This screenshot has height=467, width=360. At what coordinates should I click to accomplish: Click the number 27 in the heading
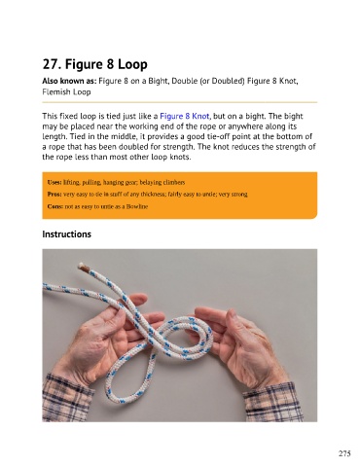coord(52,64)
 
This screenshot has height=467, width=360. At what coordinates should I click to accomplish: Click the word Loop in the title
coord(132,64)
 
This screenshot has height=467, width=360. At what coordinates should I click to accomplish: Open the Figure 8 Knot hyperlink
coord(185,116)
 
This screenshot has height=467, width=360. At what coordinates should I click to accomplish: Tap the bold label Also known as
coord(69,81)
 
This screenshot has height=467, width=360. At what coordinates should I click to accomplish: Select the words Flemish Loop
coord(66,92)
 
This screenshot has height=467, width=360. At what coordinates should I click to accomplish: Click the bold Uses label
coord(54,182)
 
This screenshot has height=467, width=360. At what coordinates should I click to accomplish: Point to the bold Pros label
coord(54,195)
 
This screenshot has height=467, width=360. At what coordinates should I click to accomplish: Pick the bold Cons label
coord(55,206)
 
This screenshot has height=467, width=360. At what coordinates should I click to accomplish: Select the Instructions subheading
coord(67,234)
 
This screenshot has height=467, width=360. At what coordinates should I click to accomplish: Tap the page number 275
coord(344,453)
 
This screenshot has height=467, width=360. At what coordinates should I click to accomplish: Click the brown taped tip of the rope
coord(85,268)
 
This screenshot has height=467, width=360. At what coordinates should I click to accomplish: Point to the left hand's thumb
coord(135,300)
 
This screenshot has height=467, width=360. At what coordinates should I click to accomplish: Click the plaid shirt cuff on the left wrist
coord(66,398)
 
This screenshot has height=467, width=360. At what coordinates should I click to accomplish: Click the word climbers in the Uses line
coord(173,182)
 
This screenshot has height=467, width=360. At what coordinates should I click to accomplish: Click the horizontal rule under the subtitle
coord(180,102)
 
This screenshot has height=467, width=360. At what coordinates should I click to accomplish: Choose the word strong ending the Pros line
coord(239,195)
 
